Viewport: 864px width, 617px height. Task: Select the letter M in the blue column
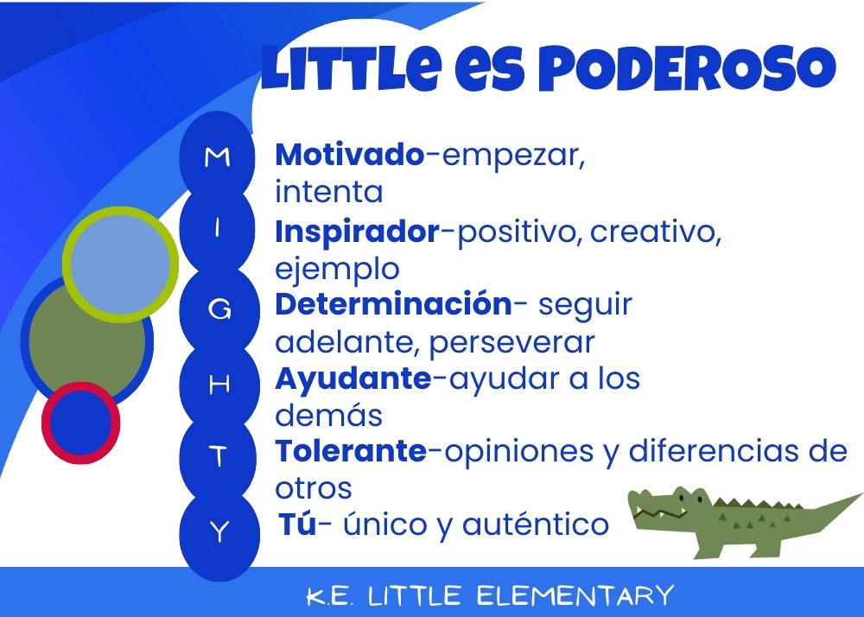click(x=217, y=157)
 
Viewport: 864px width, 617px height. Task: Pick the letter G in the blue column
click(x=219, y=310)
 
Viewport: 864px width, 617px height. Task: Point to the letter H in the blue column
click(x=219, y=385)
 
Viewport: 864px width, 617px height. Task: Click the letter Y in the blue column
click(x=219, y=531)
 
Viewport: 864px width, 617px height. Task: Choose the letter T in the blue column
click(x=219, y=456)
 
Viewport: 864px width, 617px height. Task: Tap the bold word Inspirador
click(x=357, y=232)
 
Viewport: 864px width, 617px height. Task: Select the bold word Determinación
click(x=393, y=303)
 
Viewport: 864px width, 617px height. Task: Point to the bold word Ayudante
click(x=353, y=380)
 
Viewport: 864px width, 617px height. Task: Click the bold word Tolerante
click(x=351, y=450)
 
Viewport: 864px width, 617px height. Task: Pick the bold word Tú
click(x=297, y=523)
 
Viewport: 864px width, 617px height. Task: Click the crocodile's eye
click(x=683, y=499)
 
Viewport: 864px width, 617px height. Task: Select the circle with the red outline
click(x=80, y=423)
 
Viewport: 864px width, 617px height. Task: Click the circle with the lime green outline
click(x=120, y=264)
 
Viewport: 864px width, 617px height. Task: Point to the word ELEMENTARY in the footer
click(x=575, y=595)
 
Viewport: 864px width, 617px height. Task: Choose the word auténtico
click(x=536, y=524)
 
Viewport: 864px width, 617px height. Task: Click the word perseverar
click(x=511, y=343)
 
